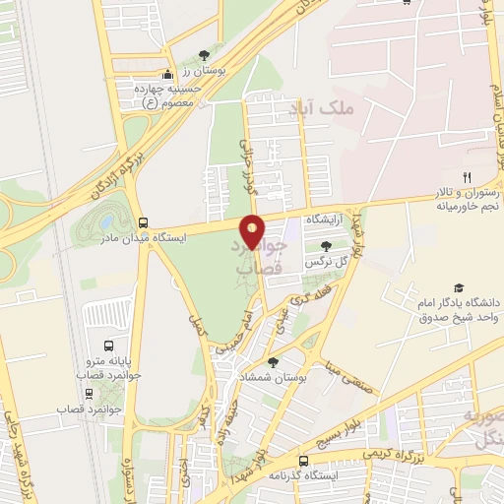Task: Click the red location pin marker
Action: (x=253, y=231)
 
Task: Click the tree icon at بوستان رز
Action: (x=204, y=54)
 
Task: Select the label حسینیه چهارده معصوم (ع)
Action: (x=166, y=94)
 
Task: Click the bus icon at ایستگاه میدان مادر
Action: (x=144, y=222)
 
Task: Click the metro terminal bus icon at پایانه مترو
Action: (x=107, y=346)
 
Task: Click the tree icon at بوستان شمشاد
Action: (x=274, y=362)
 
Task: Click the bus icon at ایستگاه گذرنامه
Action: (x=304, y=460)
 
